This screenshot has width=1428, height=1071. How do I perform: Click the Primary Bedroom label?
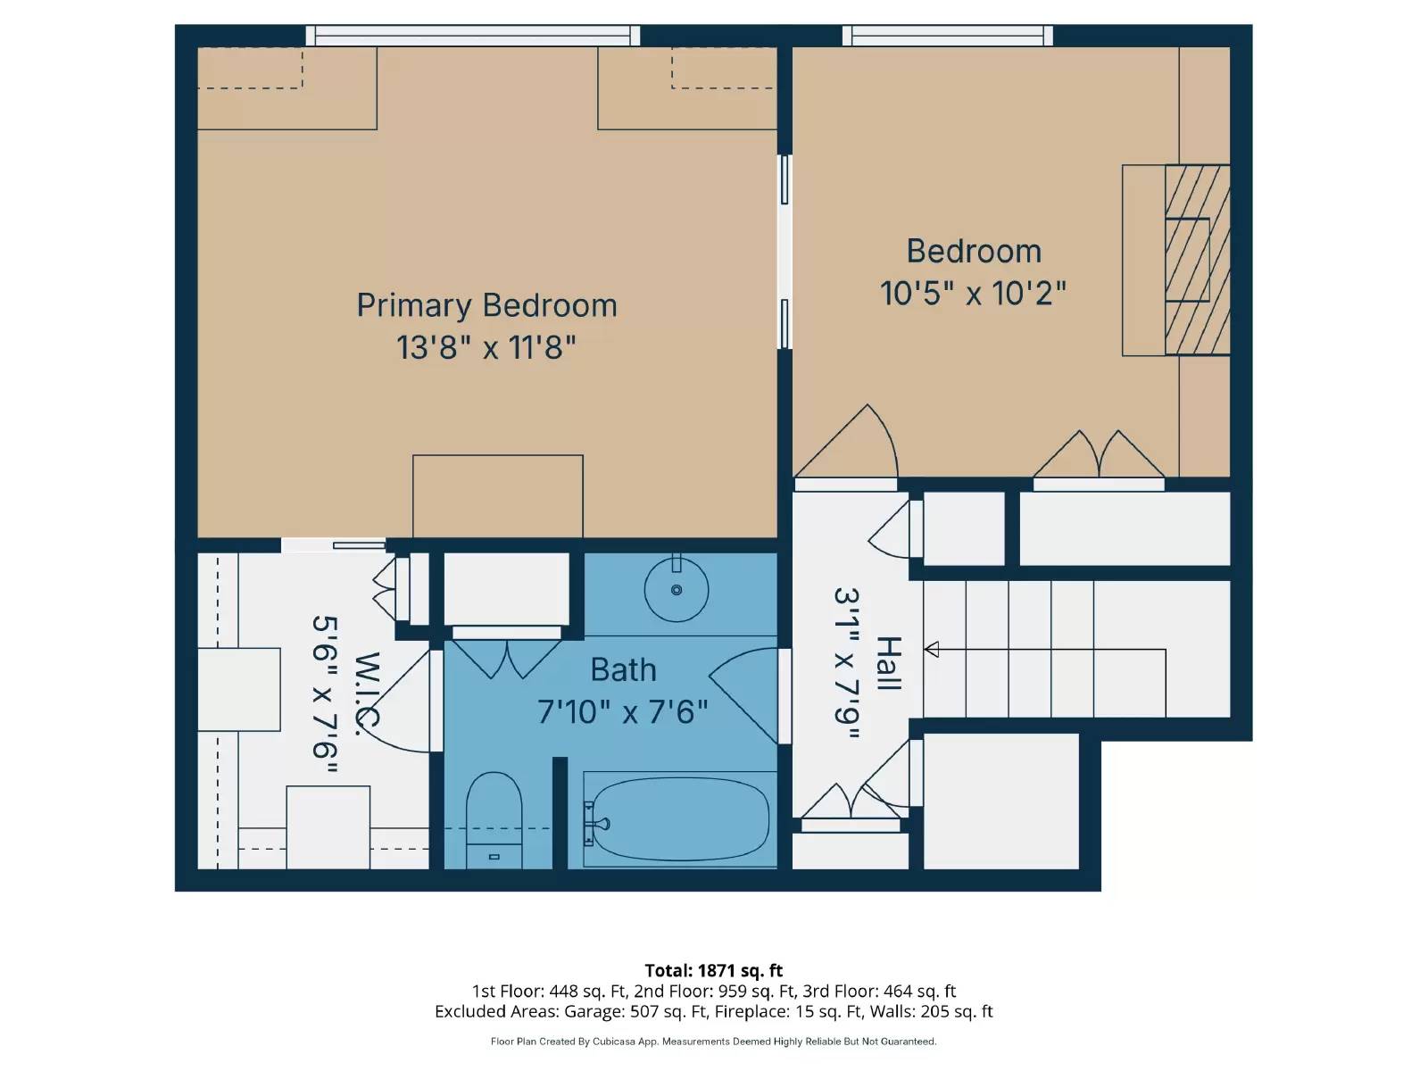486,305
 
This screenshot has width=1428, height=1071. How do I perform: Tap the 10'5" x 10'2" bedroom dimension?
973,293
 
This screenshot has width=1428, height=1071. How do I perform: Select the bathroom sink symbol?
677,589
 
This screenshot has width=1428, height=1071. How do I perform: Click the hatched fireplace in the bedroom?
1197,260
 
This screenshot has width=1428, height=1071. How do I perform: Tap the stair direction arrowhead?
932,649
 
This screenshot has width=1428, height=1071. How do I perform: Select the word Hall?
888,663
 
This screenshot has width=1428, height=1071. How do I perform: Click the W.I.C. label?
367,693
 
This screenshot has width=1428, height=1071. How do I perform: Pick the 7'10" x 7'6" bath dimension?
622,711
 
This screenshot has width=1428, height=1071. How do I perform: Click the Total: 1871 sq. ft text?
713,970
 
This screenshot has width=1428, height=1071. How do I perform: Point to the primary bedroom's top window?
473,36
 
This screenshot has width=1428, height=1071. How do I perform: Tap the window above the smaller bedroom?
947,36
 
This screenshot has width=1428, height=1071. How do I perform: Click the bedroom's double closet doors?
1099,457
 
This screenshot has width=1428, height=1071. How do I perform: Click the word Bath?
623,669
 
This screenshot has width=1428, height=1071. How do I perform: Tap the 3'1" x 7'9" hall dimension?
847,663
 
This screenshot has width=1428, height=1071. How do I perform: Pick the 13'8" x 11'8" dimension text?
486,347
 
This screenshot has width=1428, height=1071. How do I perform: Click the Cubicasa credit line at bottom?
713,1041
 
